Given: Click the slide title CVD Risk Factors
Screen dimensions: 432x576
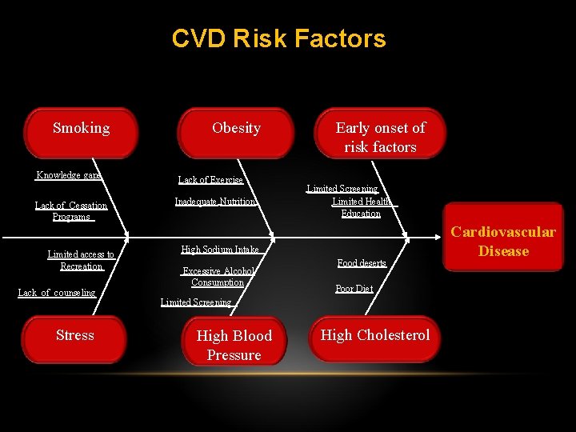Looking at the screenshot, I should coord(278,38).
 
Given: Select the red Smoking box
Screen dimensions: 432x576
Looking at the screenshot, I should coord(81,133).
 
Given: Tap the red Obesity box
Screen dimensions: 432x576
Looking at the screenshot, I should coord(236,133).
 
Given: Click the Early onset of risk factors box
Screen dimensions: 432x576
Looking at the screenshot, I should coord(380,137).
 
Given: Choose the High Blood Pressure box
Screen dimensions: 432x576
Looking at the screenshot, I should coord(234,345).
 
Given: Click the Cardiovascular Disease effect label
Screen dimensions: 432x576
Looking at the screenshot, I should coord(503,241).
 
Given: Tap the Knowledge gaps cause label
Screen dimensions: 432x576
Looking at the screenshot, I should coord(69,175).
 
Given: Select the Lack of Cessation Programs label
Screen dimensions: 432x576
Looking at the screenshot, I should coord(71,211).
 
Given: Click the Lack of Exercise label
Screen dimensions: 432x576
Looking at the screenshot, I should coord(210,180).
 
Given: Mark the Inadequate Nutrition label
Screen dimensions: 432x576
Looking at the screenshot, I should coord(215,202).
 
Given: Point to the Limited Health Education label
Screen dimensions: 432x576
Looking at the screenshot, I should coord(362,207).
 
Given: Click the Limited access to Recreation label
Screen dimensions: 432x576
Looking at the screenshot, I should coord(81,260).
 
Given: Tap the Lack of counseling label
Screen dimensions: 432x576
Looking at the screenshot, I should coord(57,293).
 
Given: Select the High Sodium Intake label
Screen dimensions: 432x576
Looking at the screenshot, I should coord(220,250).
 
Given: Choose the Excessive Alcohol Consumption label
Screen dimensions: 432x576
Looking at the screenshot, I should coord(218,276).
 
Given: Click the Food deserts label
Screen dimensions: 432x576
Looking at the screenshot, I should coord(362,262).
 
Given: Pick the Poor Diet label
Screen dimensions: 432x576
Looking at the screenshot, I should coord(354,289).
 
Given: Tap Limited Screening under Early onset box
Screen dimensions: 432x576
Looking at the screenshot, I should coord(342,189).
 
